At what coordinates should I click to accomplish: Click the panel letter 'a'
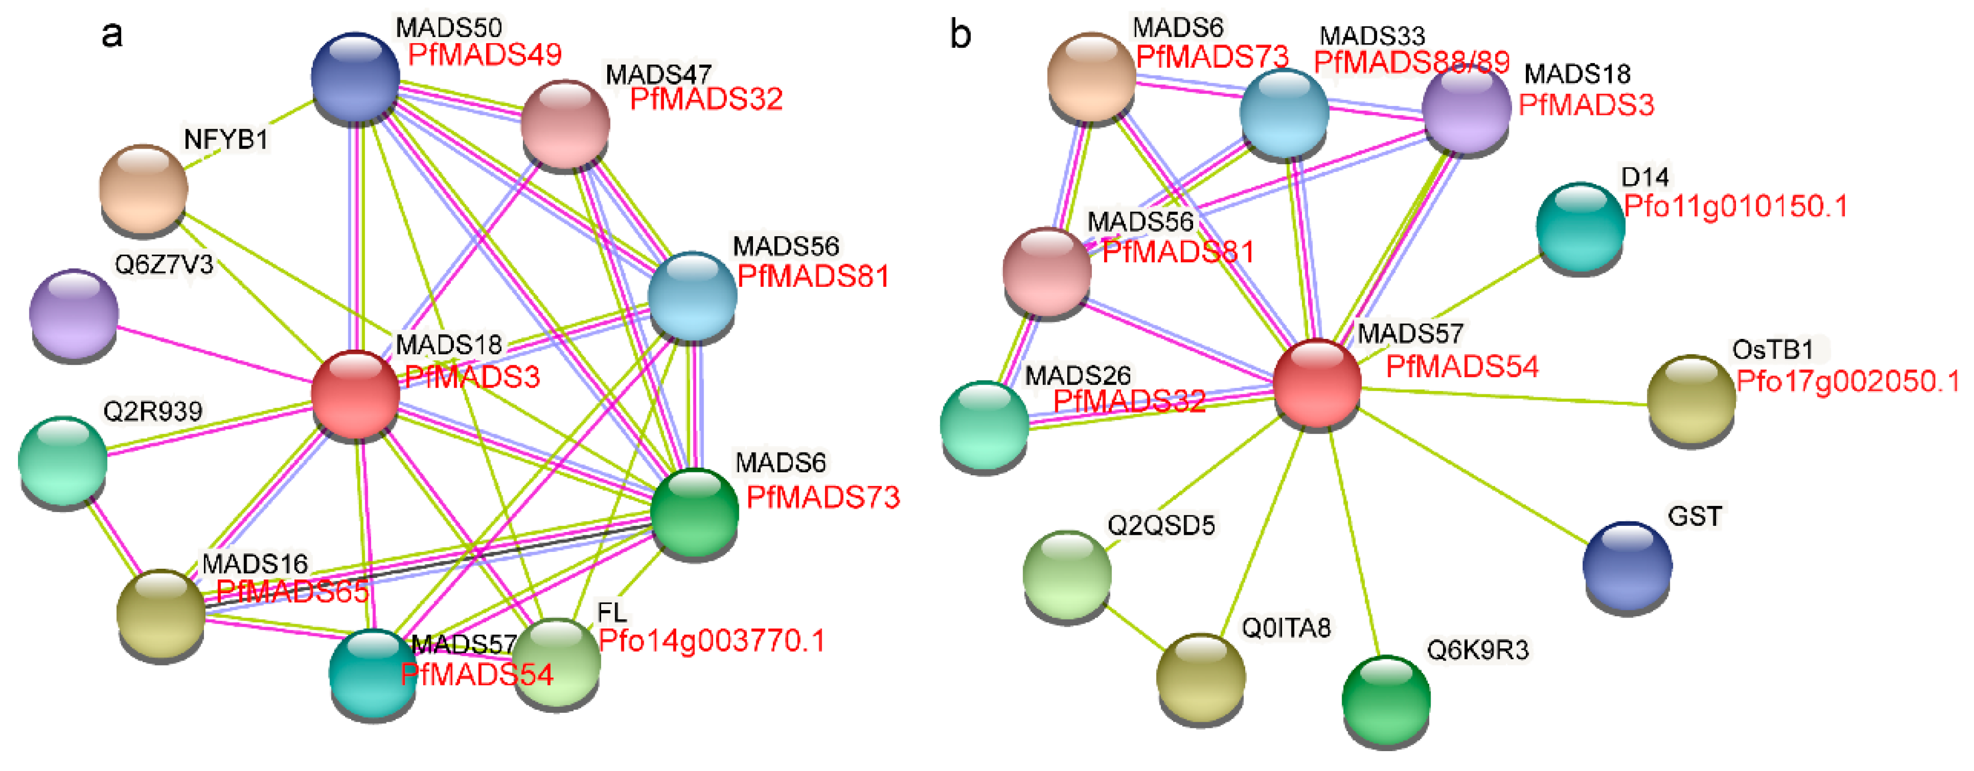112,35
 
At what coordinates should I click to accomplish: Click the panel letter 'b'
960,35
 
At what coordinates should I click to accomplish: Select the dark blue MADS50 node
355,77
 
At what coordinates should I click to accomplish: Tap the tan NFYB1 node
143,188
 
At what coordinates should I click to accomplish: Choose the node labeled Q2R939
63,460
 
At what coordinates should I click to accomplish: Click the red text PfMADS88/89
1412,62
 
